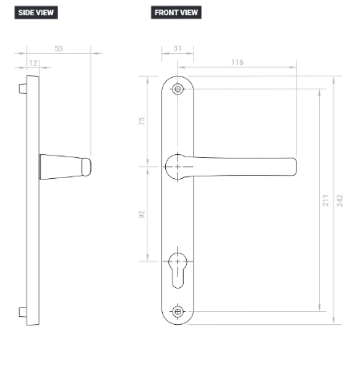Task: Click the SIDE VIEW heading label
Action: click(36, 13)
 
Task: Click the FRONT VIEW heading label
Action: click(176, 13)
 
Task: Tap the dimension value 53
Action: click(59, 48)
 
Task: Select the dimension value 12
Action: click(34, 63)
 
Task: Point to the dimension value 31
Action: click(177, 48)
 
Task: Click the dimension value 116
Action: click(237, 62)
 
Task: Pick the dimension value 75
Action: click(141, 121)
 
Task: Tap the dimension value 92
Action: click(141, 214)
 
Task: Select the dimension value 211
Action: click(326, 201)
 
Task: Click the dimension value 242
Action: click(339, 201)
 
